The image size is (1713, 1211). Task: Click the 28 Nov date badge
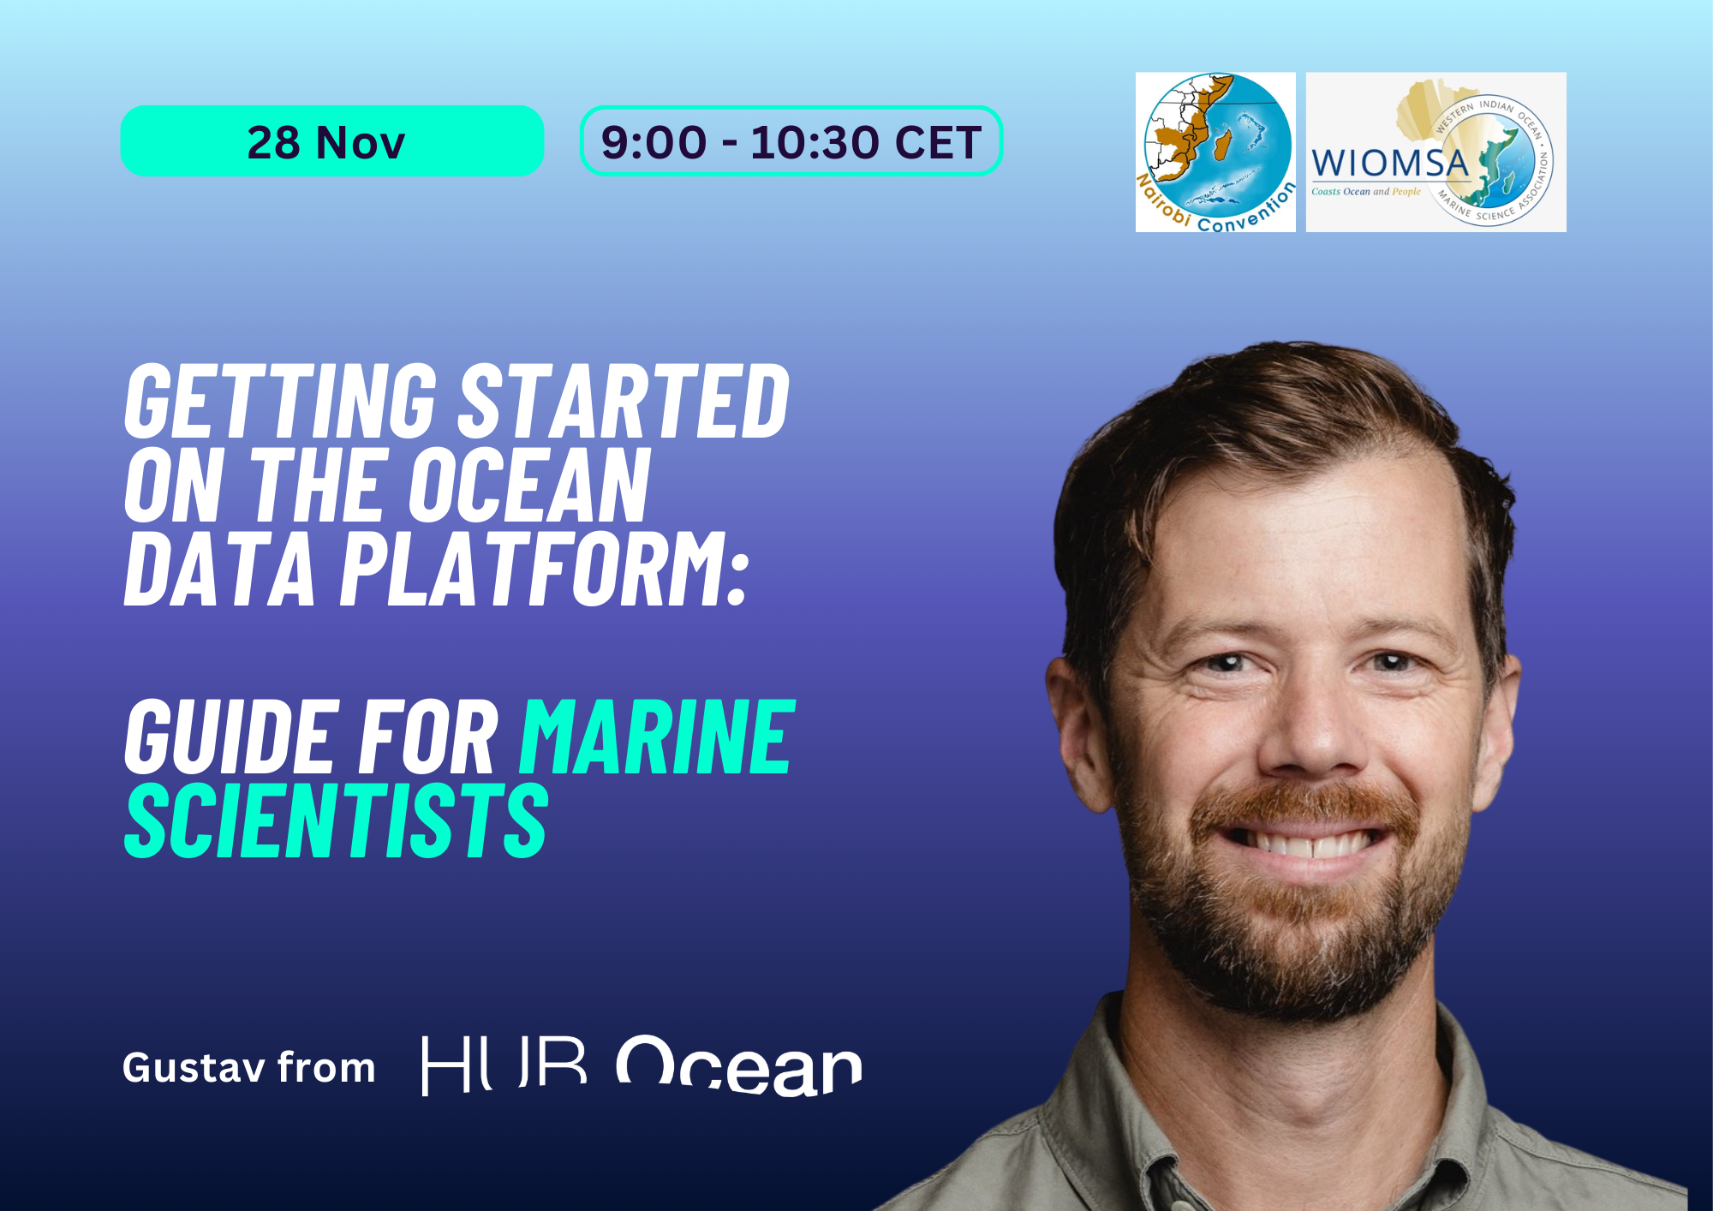[331, 141]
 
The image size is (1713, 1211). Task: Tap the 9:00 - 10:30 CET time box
[791, 141]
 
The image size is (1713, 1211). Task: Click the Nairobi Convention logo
[1215, 152]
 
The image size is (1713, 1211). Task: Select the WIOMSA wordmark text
[1389, 163]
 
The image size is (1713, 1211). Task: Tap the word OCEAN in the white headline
[528, 485]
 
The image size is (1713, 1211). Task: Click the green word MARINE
[658, 737]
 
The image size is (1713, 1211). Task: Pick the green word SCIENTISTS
[336, 820]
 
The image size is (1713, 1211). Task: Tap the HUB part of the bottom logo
[504, 1066]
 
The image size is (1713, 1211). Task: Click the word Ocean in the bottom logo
[738, 1066]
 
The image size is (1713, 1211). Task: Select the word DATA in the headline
[220, 569]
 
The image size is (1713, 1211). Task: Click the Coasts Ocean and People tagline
[1365, 192]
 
